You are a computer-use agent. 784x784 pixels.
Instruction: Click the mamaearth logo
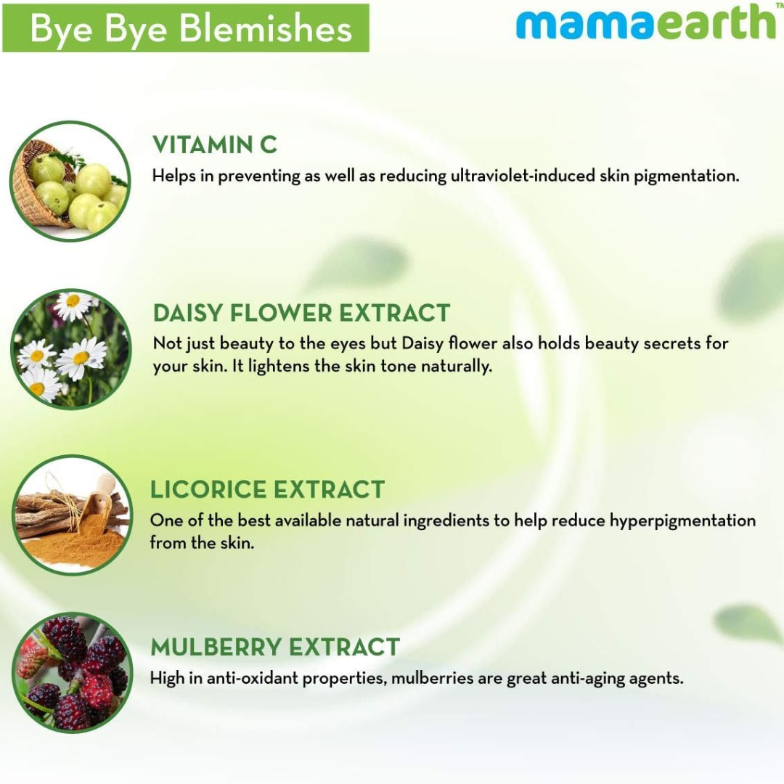[x=645, y=23]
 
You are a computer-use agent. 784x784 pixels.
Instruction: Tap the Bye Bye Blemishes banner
[x=186, y=29]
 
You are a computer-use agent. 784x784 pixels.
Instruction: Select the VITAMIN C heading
[x=214, y=144]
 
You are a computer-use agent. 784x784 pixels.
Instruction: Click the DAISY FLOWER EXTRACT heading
[x=301, y=313]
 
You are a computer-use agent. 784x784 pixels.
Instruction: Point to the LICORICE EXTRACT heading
[x=267, y=489]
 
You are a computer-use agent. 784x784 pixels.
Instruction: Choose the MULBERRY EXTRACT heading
[x=274, y=647]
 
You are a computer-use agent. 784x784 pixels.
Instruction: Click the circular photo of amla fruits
[x=70, y=181]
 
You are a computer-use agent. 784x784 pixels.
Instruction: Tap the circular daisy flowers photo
[x=70, y=348]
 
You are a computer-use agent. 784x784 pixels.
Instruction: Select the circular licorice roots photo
[x=70, y=515]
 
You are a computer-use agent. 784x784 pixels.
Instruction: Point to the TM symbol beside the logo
[x=779, y=5]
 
